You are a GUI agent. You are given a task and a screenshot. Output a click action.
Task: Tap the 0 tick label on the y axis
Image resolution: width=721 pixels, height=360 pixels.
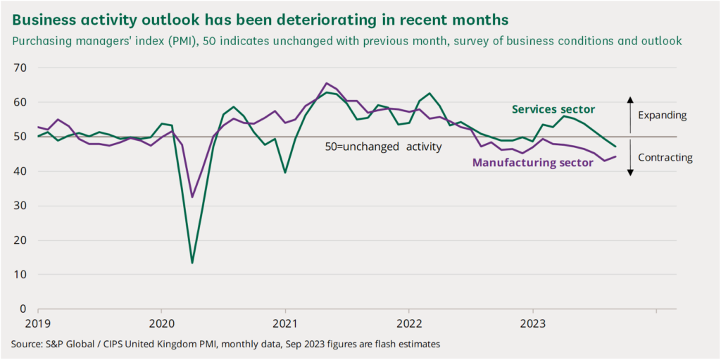coord(23,309)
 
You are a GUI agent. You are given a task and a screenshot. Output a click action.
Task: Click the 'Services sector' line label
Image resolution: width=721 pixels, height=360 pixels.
coord(553,109)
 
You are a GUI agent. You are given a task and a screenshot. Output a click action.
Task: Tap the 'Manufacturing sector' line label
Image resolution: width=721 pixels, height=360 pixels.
coord(532,163)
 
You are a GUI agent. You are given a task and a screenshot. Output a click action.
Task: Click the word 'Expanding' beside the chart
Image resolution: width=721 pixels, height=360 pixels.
coord(662,115)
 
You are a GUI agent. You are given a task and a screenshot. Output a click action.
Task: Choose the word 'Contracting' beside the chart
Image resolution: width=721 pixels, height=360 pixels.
coord(665,158)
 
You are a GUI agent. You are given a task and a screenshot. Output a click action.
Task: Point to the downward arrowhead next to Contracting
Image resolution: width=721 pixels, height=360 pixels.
coord(630,173)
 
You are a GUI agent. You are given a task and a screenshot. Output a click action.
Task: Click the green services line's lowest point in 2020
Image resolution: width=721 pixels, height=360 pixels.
coord(192,263)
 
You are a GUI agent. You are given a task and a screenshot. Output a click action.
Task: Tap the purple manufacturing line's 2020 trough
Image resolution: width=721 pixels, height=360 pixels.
coord(192,197)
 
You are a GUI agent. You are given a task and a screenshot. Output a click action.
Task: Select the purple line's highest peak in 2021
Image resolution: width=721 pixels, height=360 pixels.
coord(327,83)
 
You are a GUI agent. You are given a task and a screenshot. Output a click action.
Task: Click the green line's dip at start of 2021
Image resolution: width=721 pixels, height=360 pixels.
coord(285,172)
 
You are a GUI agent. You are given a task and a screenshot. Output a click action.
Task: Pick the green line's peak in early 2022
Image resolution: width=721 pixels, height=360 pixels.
coord(430,93)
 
